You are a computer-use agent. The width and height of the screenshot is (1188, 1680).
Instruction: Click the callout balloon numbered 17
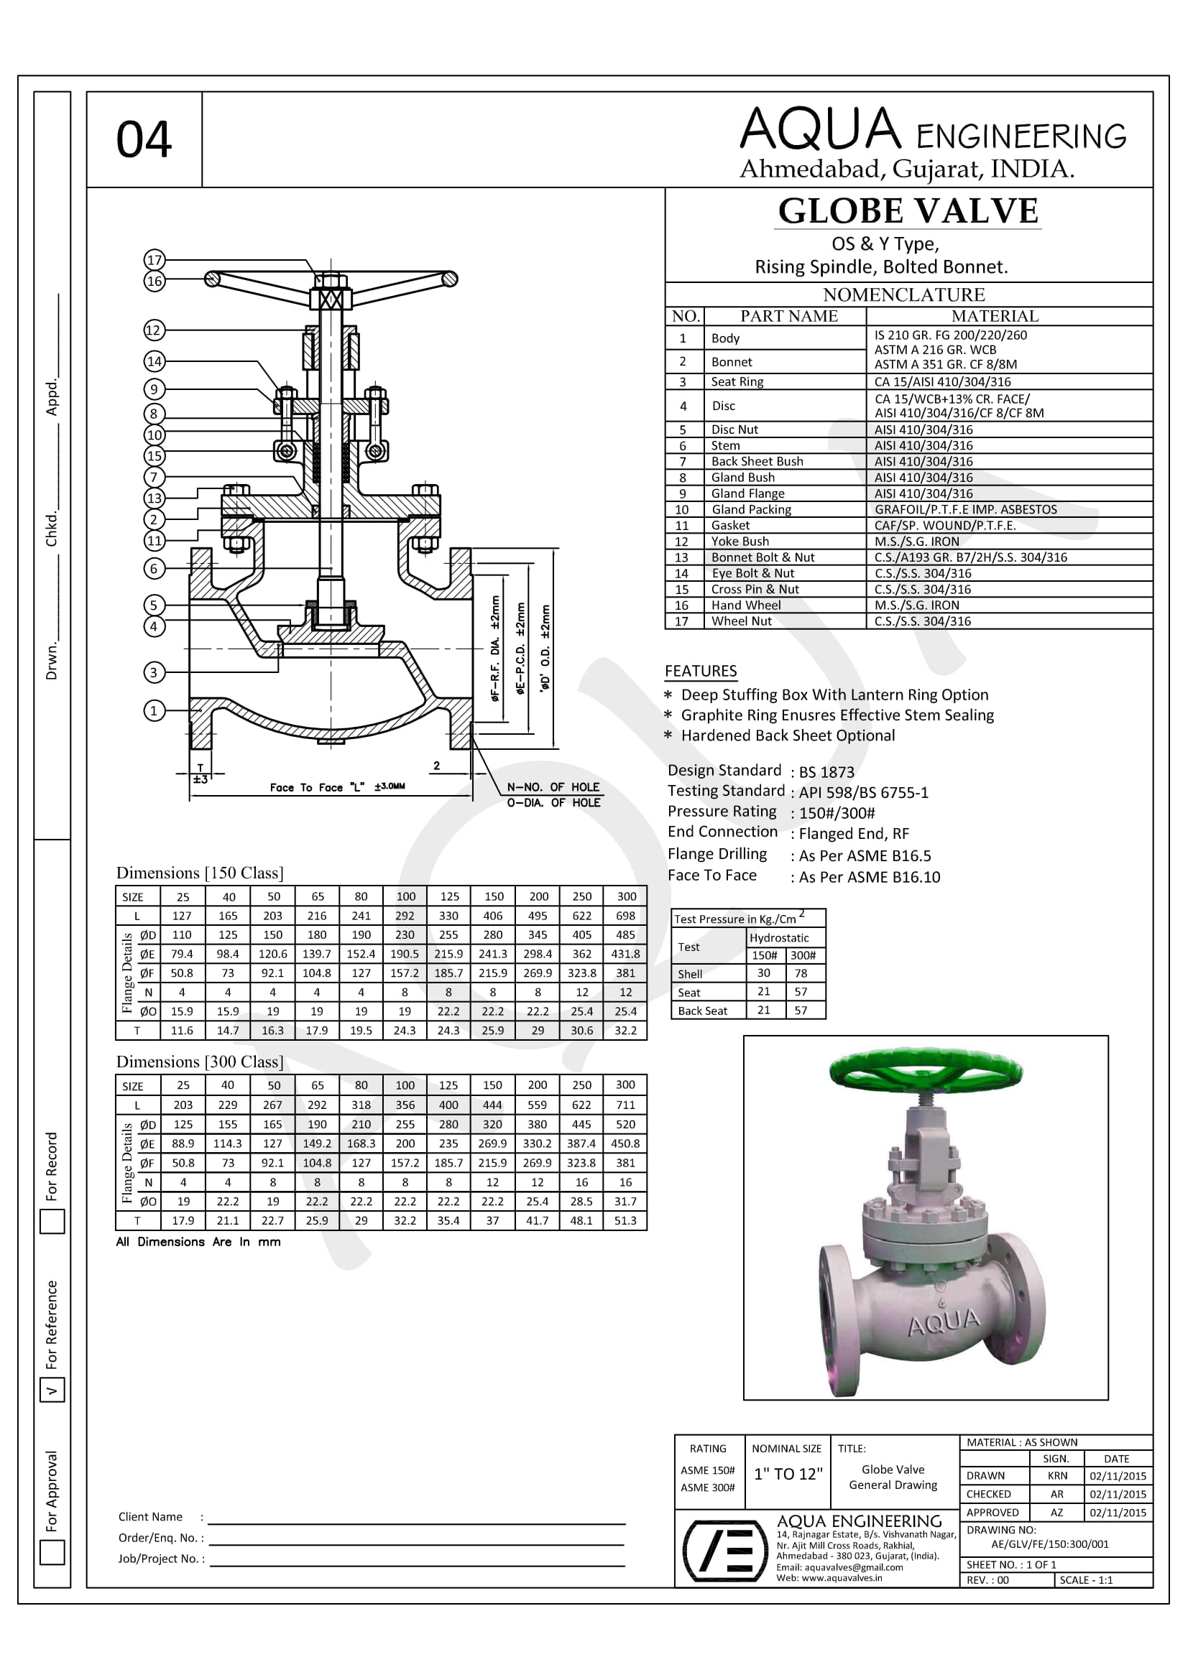155,260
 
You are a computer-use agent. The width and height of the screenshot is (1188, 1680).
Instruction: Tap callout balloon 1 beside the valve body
154,710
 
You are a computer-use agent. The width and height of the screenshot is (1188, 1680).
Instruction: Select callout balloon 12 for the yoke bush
154,330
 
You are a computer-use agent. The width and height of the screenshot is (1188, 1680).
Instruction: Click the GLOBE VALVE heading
908,211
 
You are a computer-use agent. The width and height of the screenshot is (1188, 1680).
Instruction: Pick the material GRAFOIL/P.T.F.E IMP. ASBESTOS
965,509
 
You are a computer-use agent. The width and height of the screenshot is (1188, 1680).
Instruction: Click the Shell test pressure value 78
801,973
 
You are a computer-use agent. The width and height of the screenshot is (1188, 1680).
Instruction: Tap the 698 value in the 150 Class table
625,915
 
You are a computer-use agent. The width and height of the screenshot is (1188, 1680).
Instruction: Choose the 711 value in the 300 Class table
625,1105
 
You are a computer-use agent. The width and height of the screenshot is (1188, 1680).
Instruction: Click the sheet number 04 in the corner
144,140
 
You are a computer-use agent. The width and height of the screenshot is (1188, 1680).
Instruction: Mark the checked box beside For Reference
52,1391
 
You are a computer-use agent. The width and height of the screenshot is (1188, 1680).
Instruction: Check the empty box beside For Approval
52,1552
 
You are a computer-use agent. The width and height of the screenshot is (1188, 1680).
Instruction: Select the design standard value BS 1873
826,772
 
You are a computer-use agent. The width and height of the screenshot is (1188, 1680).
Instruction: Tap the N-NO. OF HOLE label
553,787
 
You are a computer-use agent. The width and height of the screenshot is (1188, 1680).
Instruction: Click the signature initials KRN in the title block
1057,1476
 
